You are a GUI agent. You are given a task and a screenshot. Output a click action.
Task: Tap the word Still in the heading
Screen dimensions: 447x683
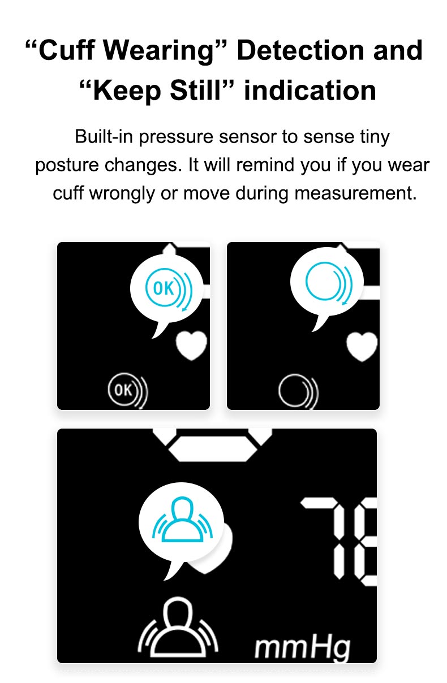[196, 90]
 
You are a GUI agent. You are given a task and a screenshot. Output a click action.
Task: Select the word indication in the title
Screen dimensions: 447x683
[310, 90]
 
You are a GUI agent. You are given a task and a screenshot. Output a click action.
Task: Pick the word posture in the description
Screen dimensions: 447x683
[67, 166]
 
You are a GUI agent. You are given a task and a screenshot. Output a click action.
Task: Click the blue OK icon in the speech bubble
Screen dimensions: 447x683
[169, 289]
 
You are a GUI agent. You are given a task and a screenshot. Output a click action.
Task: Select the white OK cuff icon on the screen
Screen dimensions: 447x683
[127, 390]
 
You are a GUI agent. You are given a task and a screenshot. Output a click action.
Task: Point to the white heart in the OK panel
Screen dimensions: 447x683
[191, 345]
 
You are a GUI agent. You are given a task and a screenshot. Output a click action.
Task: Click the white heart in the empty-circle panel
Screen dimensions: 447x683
[362, 347]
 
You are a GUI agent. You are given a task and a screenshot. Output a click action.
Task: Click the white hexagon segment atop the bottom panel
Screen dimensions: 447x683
[213, 448]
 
